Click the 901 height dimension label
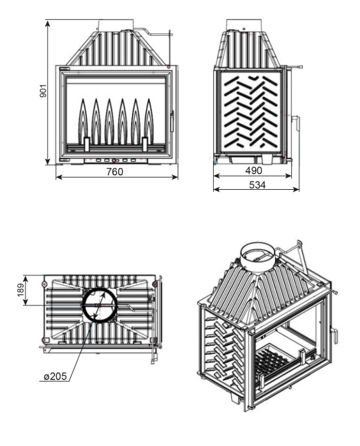tap(43, 91)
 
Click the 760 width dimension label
tap(115, 172)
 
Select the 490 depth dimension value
tap(253, 171)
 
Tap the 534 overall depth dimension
tap(257, 185)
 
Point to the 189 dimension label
tap(20, 289)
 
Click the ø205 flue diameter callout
tap(55, 376)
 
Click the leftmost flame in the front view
tap(83, 121)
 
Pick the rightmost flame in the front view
tap(148, 121)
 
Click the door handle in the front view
tap(172, 122)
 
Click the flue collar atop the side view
tap(243, 25)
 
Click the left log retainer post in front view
tap(87, 144)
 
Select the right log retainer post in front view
tap(145, 144)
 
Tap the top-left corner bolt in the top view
tap(44, 284)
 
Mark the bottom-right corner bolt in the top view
tap(155, 340)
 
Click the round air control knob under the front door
tap(114, 161)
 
